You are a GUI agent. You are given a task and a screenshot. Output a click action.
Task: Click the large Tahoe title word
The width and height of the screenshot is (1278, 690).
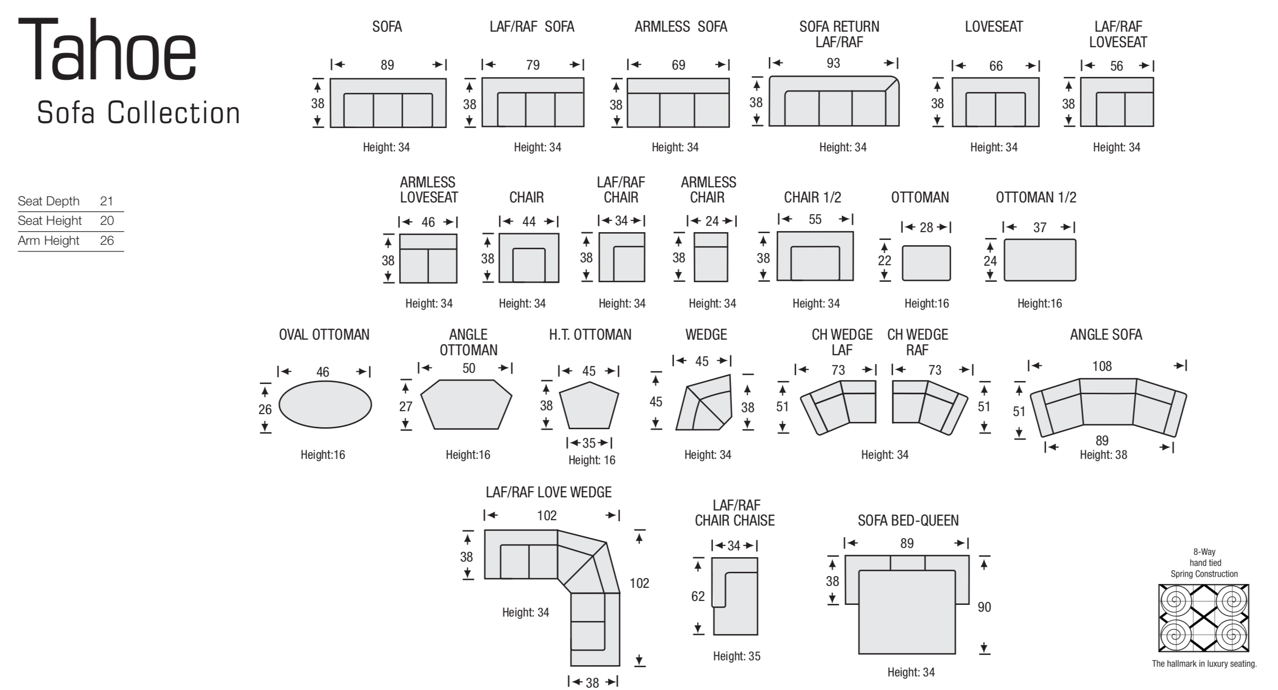click(x=108, y=50)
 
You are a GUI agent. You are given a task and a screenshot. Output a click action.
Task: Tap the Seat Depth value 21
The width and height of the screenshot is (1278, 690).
click(x=107, y=201)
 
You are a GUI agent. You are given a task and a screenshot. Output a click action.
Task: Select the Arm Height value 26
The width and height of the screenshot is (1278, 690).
click(x=107, y=241)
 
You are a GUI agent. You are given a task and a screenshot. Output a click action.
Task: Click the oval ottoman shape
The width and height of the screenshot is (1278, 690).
click(x=325, y=404)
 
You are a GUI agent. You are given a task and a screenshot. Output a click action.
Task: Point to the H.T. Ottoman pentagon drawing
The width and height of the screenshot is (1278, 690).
click(x=589, y=405)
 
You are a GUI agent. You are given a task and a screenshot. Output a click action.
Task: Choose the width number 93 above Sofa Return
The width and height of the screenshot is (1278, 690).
click(x=833, y=63)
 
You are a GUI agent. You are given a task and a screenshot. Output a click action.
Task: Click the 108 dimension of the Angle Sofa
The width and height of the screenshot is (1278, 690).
click(x=1102, y=366)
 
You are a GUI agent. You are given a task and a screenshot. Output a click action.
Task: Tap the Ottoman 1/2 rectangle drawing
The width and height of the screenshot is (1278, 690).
click(x=1040, y=260)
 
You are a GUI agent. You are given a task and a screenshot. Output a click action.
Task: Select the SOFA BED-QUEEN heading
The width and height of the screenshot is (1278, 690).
click(x=908, y=521)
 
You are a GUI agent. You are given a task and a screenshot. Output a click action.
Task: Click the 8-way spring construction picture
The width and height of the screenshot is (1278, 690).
click(x=1203, y=618)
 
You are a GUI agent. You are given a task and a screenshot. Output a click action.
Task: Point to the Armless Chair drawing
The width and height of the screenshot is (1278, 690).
click(x=711, y=257)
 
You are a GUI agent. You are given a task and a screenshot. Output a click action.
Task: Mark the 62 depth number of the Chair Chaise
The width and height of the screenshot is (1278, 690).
click(x=698, y=596)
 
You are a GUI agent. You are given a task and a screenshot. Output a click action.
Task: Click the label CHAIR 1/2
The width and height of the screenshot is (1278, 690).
click(x=813, y=198)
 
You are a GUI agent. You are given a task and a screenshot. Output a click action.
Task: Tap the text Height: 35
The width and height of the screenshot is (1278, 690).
click(x=737, y=656)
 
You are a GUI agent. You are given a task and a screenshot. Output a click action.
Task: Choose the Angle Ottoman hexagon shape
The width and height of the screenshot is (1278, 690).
click(x=467, y=404)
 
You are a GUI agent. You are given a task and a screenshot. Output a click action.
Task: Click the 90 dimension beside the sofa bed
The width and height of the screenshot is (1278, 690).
click(x=984, y=607)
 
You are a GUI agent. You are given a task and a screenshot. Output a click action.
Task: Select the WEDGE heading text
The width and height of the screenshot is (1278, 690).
click(x=706, y=335)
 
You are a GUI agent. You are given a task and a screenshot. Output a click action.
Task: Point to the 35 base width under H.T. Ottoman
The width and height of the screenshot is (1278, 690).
click(x=589, y=443)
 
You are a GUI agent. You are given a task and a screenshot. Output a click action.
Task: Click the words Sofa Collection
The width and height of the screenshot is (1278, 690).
click(x=138, y=113)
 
